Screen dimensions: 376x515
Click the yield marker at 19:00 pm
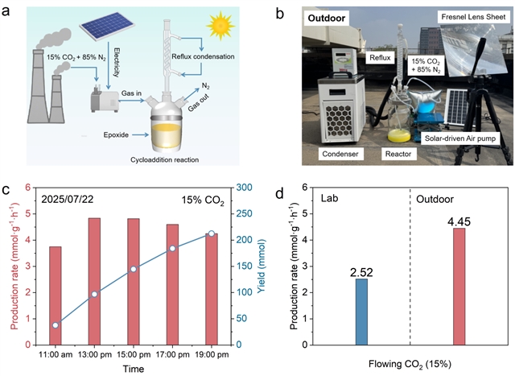click(x=212, y=233)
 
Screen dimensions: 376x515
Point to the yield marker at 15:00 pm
click(x=134, y=269)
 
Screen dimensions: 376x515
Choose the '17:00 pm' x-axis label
click(x=172, y=353)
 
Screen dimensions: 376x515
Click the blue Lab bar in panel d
click(x=362, y=312)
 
